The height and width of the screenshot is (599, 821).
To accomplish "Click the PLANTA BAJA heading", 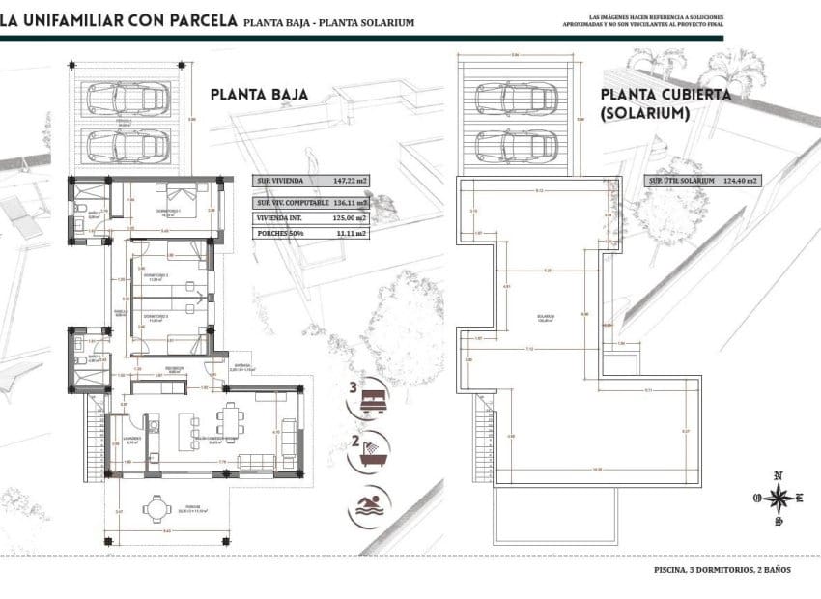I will [259, 95].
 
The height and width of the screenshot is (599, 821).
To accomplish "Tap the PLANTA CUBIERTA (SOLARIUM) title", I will [665, 104].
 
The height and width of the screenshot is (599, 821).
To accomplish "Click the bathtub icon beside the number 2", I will [371, 453].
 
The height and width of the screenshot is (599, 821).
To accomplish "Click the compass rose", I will [778, 498].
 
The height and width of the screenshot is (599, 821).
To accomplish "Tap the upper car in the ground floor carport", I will [124, 98].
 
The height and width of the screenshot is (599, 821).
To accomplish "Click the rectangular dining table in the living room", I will [232, 418].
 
